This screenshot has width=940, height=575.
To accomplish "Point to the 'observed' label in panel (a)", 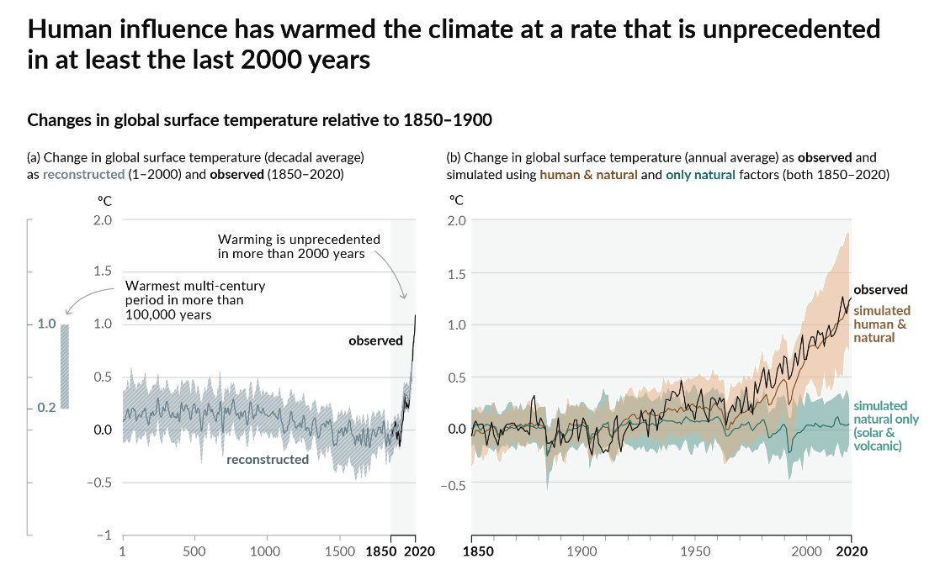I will click(x=375, y=340).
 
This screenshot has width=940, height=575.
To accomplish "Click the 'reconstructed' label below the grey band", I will click(x=267, y=459).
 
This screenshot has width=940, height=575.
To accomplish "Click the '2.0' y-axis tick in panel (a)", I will click(x=102, y=219).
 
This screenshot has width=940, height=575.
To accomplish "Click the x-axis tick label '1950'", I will click(x=695, y=552).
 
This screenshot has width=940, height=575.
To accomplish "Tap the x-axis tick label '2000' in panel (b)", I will click(x=807, y=552).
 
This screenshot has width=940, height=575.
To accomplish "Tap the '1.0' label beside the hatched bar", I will click(x=46, y=324).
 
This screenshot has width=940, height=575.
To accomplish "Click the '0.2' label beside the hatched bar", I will click(x=46, y=408).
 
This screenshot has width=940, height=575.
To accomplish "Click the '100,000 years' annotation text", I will click(x=168, y=314).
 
